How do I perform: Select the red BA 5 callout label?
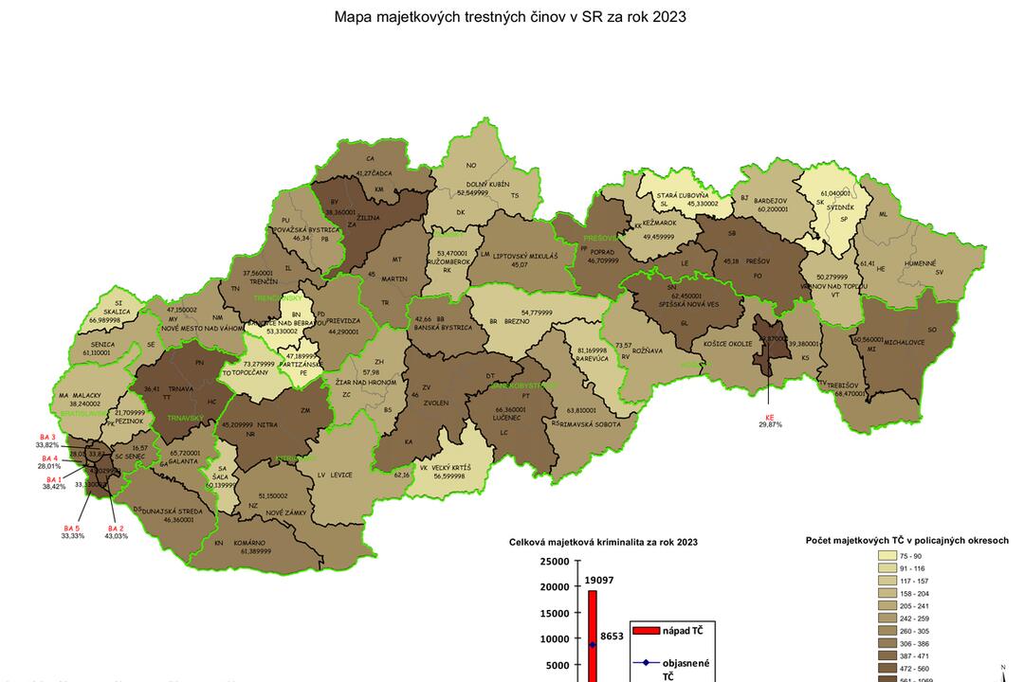pyautogui.click(x=72, y=528)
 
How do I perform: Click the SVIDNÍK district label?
pyautogui.click(x=831, y=205)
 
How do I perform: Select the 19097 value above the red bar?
pyautogui.click(x=599, y=580)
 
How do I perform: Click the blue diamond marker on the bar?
pyautogui.click(x=593, y=644)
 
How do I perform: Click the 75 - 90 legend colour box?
pyautogui.click(x=887, y=556)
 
